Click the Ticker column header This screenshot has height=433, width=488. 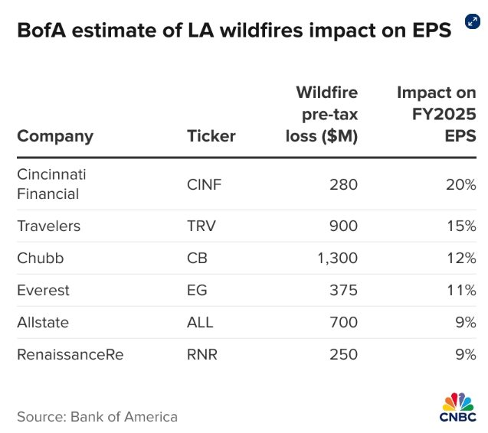point(211,137)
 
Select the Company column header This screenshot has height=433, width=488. point(55,137)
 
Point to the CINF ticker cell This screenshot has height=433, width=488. point(204,184)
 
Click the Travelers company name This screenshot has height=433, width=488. point(48,226)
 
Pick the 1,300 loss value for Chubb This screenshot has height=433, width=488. point(337,259)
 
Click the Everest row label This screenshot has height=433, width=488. point(43,291)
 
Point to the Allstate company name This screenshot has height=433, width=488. point(43,323)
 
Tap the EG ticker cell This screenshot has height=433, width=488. point(197,291)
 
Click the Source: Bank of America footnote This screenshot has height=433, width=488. point(97,417)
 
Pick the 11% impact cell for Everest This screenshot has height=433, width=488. point(463,291)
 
